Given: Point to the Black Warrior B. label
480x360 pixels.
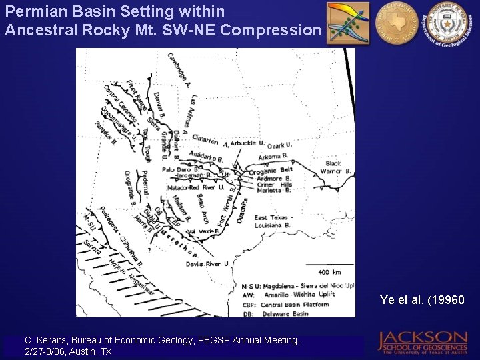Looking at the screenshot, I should coord(337,167).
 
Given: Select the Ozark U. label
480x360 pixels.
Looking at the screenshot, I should coord(280,145).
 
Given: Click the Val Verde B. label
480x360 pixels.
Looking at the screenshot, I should coord(201,231).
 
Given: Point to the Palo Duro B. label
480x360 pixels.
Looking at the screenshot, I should coord(178,169).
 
